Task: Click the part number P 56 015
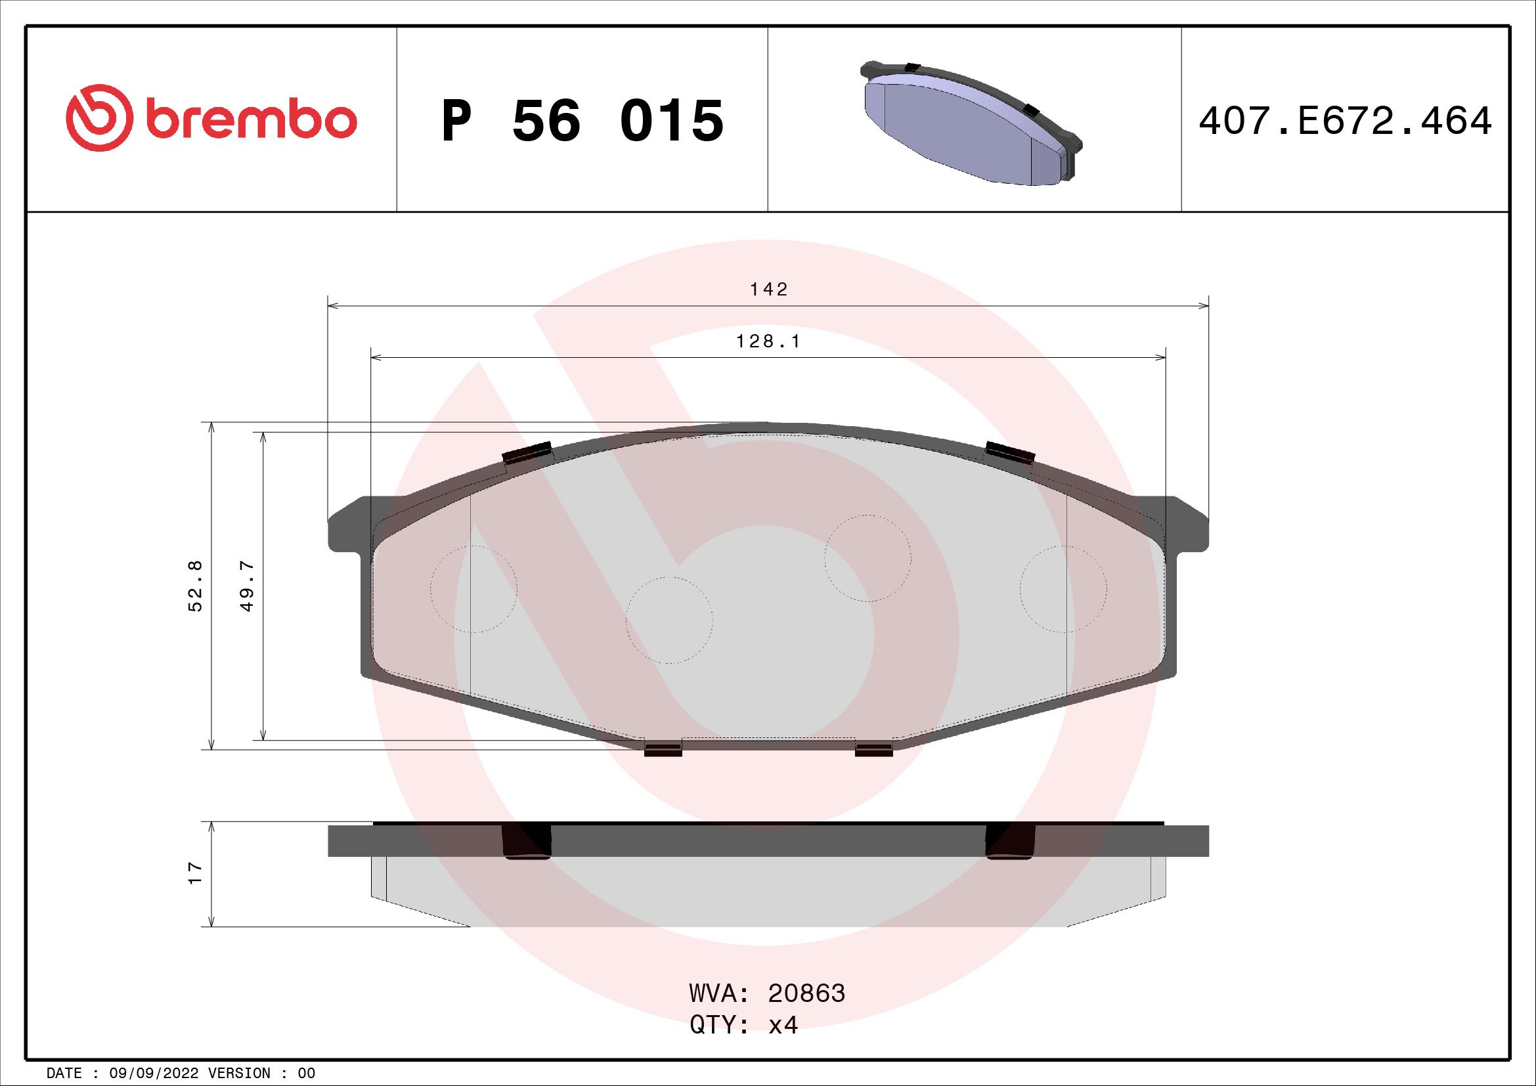coord(582,121)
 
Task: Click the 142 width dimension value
coord(769,289)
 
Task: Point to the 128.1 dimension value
coord(768,341)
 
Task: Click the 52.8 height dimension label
coord(195,585)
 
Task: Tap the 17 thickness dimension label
coord(194,873)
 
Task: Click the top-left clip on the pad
coord(527,453)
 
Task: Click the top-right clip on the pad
coord(1010,453)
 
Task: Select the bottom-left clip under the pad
coord(663,750)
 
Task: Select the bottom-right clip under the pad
coord(873,750)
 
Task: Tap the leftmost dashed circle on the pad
coord(473,588)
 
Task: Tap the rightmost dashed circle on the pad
coord(1063,588)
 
